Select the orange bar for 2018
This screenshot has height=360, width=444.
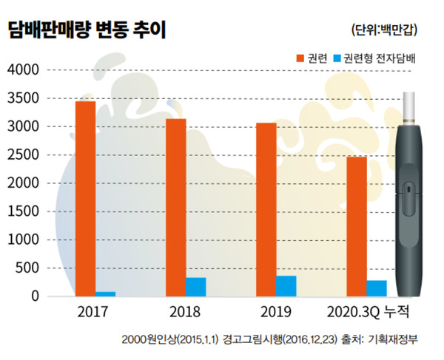[175, 207]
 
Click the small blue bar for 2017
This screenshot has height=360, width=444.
[106, 293]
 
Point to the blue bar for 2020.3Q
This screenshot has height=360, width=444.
[377, 288]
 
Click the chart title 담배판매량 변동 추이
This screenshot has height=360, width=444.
[87, 30]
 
